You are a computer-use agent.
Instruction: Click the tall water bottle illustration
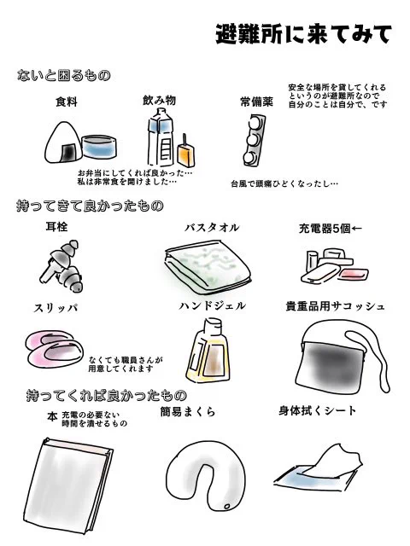tap(160, 141)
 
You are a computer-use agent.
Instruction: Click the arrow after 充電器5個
tap(358, 229)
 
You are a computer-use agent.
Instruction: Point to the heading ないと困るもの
tap(64, 76)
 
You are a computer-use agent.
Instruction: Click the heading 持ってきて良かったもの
tap(90, 206)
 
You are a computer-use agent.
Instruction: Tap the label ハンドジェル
tap(212, 305)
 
